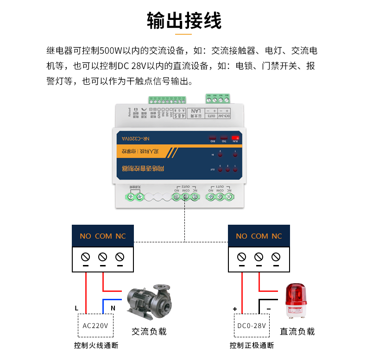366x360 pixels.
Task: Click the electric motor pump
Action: tap(149, 301)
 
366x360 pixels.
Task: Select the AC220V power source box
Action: tap(95, 325)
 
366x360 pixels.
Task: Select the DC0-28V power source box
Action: tap(251, 325)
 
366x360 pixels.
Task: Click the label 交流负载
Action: tap(149, 332)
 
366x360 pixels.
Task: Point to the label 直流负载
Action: tap(297, 332)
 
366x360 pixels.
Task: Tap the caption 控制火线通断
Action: tap(96, 346)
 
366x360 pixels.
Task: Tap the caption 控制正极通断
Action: tap(252, 346)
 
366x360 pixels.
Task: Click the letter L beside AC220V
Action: tap(76, 308)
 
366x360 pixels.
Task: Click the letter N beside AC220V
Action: tap(113, 308)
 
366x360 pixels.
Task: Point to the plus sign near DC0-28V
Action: tap(235, 309)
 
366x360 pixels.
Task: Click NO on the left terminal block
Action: tap(85, 236)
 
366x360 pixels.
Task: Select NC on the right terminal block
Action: tap(277, 236)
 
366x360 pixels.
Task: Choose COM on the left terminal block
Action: tap(103, 236)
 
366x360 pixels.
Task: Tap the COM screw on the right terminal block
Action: tap(259, 257)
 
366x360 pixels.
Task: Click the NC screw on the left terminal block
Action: tap(120, 257)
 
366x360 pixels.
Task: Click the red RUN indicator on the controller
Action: tap(235, 138)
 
